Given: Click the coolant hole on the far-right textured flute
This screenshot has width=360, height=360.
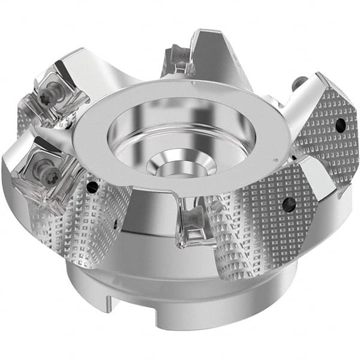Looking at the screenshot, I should coord(340,125).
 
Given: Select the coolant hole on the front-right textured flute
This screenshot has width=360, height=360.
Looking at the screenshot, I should coord(289,205).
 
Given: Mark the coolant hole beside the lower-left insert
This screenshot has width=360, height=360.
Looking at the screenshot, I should coord(92,188).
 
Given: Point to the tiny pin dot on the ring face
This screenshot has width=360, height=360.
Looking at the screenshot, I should coord(274,160).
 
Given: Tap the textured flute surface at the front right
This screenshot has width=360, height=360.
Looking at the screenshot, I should coord(252,240).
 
